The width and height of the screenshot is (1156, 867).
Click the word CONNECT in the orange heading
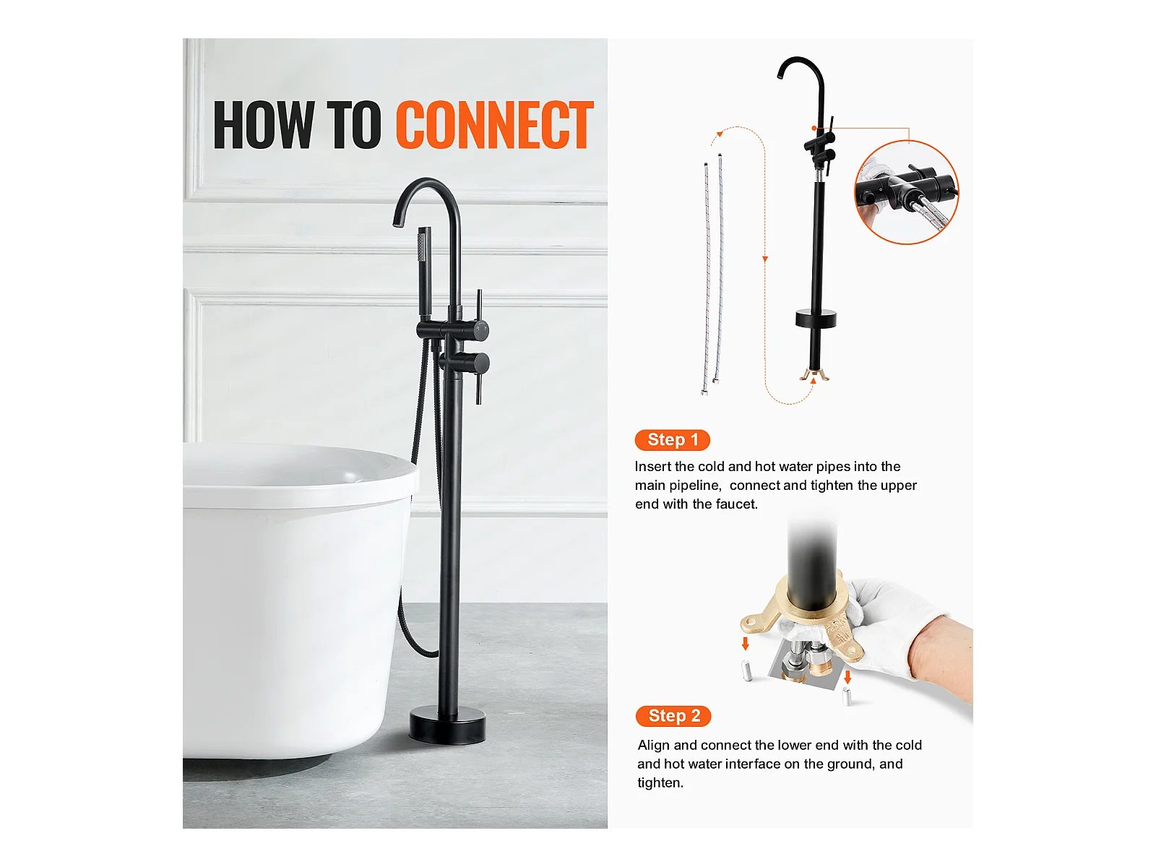click(x=494, y=125)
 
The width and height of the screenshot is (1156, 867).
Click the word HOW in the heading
click(x=263, y=125)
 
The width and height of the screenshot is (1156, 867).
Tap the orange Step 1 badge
click(x=672, y=439)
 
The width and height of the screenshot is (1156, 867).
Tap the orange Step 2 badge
click(x=673, y=716)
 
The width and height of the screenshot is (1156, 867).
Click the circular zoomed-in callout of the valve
click(x=906, y=192)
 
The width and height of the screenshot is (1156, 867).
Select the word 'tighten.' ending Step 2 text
click(x=660, y=783)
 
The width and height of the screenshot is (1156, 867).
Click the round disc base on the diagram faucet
click(x=815, y=319)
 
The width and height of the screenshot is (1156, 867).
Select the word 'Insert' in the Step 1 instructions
click(x=652, y=467)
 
